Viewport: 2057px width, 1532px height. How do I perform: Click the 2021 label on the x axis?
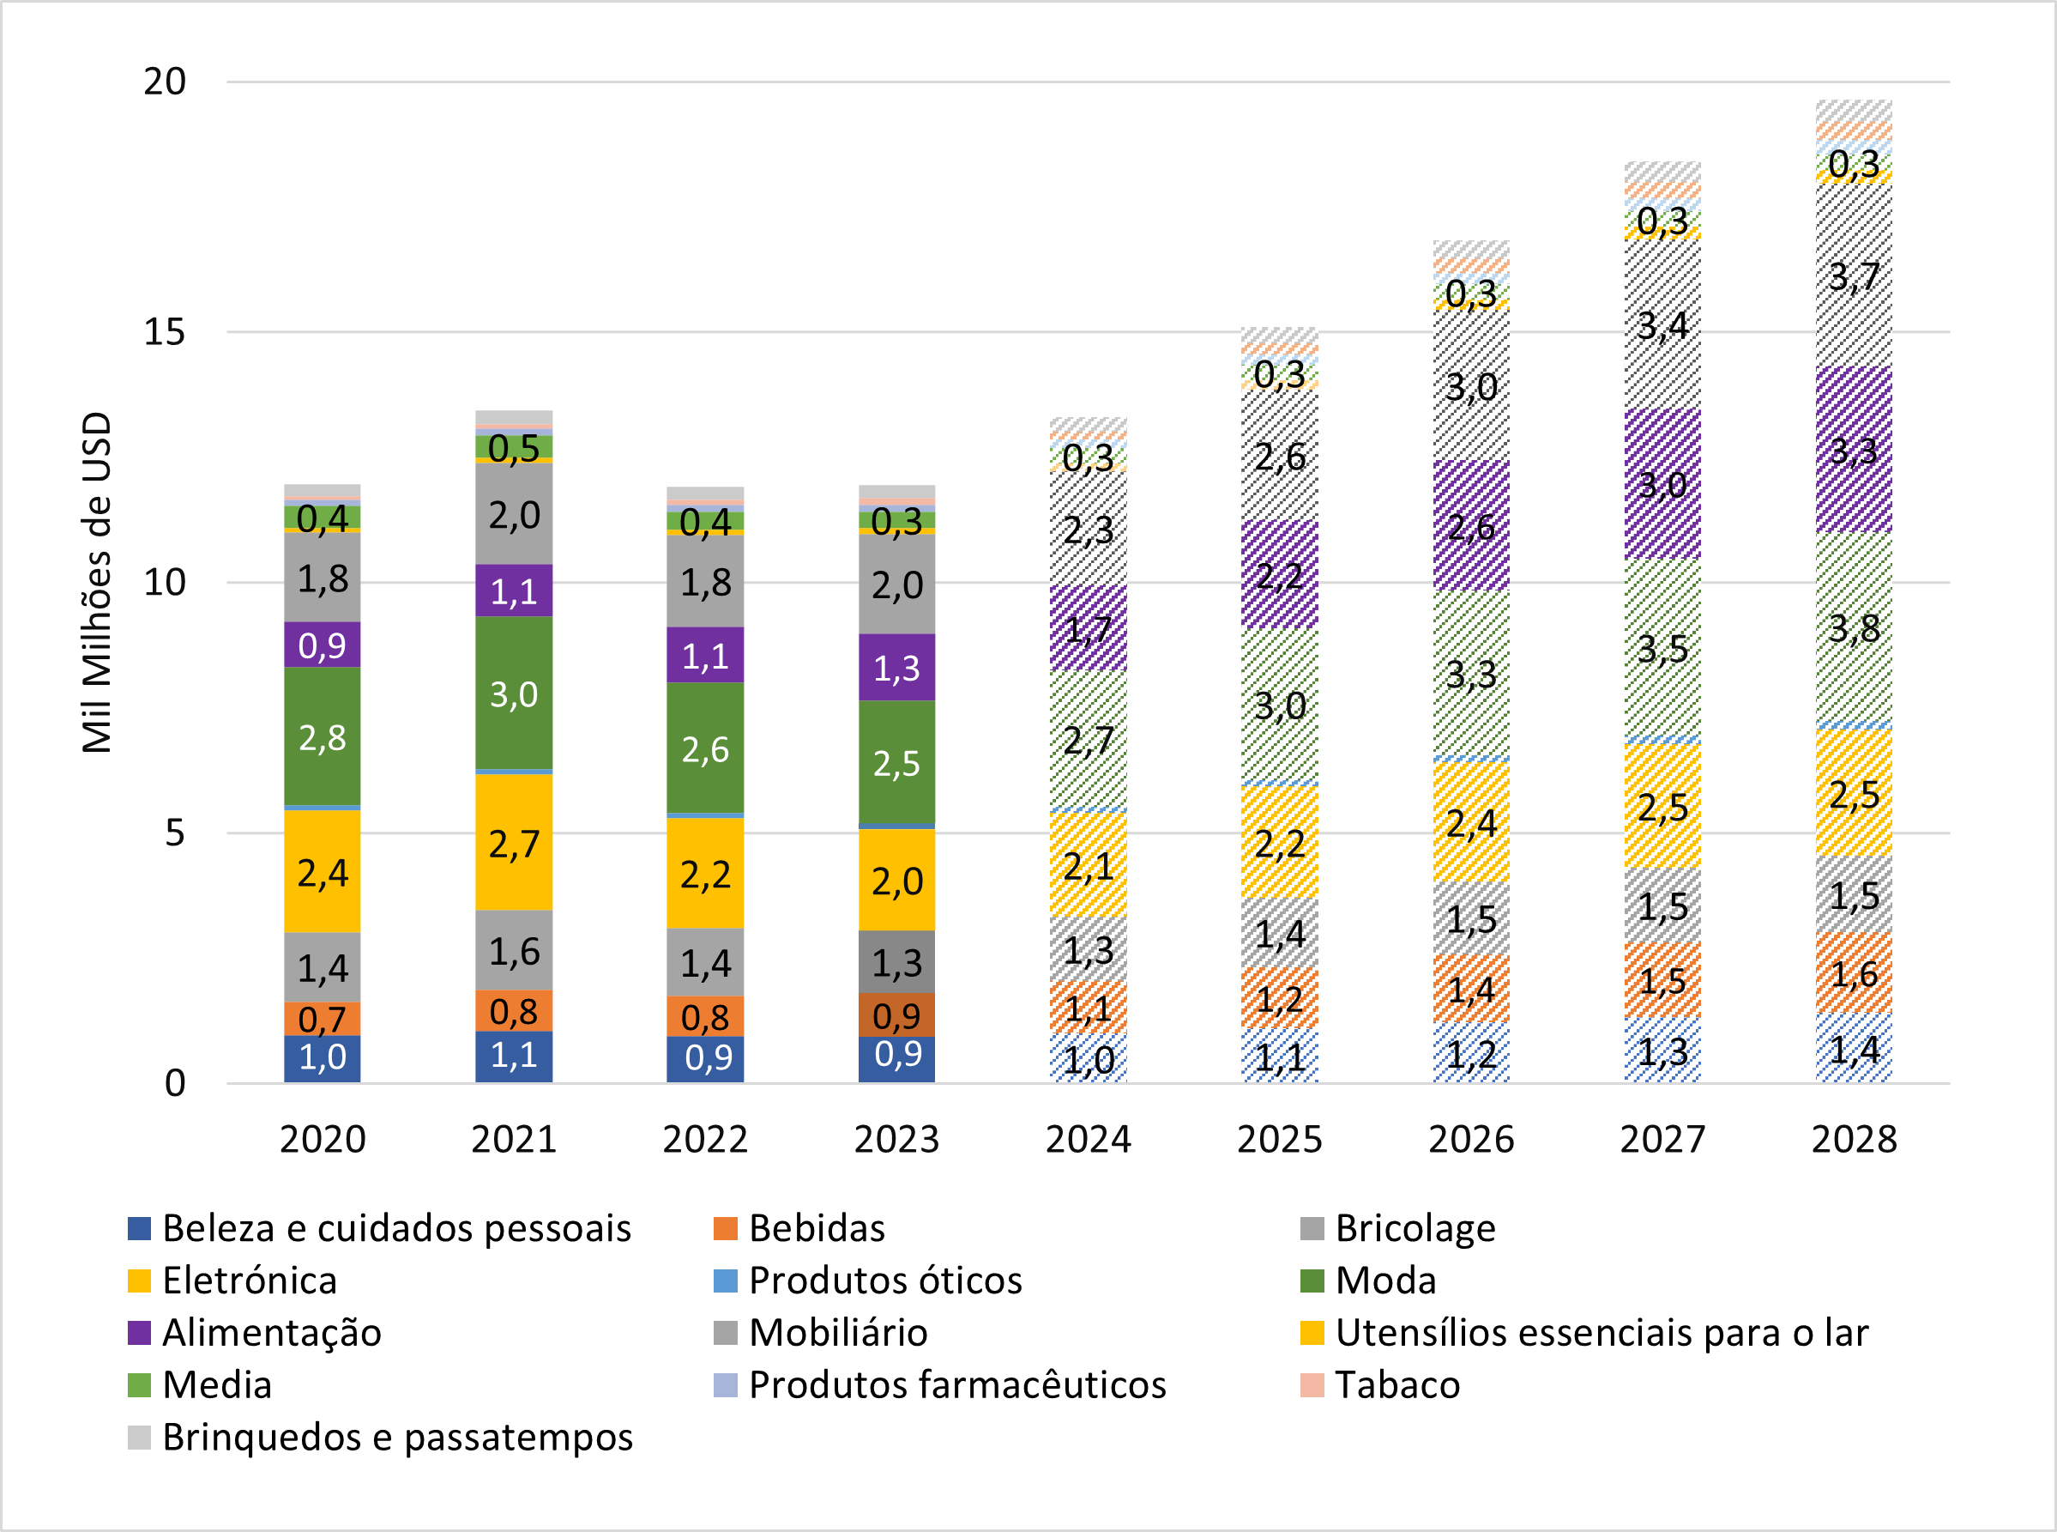514,1140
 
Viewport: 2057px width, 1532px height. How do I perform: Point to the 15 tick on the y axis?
164,332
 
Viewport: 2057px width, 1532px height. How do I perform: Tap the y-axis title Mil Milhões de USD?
97,583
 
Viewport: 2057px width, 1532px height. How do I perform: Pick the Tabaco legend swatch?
1312,1385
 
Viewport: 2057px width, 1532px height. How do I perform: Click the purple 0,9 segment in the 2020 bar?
322,645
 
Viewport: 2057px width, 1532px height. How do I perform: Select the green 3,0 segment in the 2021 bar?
514,693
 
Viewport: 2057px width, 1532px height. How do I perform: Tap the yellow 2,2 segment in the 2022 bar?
704,875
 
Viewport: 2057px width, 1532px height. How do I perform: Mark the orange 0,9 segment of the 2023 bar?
896,1016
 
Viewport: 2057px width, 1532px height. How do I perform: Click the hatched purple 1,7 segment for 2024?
1089,629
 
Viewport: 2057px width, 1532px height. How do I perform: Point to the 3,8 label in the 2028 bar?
1854,629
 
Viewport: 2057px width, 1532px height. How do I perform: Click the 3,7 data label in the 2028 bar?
1854,276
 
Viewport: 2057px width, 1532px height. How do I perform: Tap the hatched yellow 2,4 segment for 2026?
1471,822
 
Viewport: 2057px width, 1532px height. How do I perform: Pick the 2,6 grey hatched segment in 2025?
1279,457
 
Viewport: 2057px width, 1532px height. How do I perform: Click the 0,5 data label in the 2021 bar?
514,449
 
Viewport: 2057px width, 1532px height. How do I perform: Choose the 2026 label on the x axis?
1471,1140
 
